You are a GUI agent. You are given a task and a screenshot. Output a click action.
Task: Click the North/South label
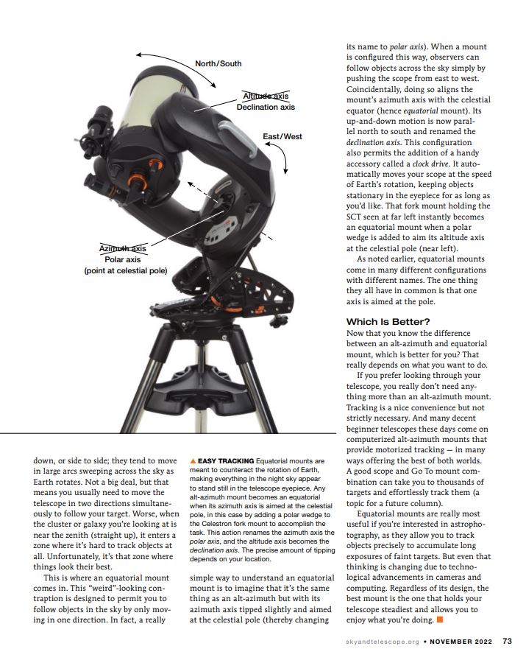click(x=218, y=63)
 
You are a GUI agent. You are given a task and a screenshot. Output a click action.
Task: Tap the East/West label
click(x=282, y=136)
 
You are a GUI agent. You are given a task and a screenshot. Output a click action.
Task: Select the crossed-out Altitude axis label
click(x=266, y=96)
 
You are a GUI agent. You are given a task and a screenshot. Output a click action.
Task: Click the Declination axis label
click(x=266, y=107)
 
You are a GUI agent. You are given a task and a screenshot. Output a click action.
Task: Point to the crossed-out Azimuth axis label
click(x=123, y=248)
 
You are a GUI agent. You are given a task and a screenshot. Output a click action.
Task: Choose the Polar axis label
click(x=123, y=259)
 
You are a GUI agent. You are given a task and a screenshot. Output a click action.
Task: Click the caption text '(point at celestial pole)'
click(x=126, y=271)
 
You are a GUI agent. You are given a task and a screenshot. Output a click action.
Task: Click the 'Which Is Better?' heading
click(x=388, y=322)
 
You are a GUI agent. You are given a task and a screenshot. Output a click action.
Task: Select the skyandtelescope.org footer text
click(x=382, y=642)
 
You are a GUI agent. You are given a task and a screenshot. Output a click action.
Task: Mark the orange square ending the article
click(x=440, y=620)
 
